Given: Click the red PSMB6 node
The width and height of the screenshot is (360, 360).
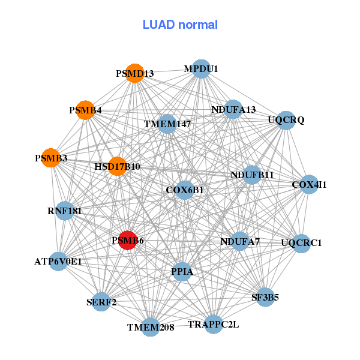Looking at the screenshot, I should [x=127, y=240].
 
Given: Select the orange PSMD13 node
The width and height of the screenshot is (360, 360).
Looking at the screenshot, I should [x=135, y=73].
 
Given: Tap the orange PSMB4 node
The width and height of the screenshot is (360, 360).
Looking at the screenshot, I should [x=85, y=110].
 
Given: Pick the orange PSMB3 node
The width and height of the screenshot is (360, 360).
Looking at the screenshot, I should [x=51, y=158].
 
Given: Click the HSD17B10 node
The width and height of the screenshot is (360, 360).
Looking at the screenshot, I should [x=118, y=166].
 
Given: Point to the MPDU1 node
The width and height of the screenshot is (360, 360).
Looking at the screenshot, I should [x=201, y=69].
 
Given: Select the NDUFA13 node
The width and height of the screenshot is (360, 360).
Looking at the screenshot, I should [x=233, y=109].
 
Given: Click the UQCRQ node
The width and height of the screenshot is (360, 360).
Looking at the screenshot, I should [x=286, y=120].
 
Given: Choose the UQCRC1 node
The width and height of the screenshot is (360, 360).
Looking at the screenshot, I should [x=301, y=243].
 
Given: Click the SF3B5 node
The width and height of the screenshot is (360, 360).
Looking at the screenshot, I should [x=265, y=296].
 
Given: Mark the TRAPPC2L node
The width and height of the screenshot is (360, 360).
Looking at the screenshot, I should [x=213, y=324].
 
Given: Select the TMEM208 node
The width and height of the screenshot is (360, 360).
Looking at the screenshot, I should [x=151, y=327].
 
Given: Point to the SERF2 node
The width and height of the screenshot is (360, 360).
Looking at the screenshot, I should [x=101, y=302].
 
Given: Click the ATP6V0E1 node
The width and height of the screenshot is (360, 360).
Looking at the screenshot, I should [x=58, y=262].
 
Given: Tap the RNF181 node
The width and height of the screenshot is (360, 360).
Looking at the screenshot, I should [x=65, y=211].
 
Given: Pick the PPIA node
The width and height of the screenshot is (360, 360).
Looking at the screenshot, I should [x=182, y=272].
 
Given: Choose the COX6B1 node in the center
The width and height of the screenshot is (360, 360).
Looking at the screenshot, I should [x=185, y=190].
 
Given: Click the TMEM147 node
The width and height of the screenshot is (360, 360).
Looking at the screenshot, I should [x=167, y=124].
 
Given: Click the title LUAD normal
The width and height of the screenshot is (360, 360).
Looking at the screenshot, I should [x=180, y=25].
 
